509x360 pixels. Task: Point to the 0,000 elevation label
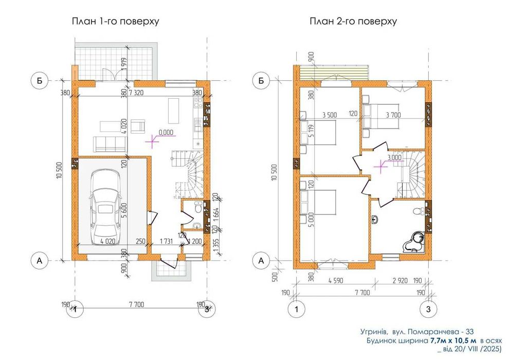point(167,132)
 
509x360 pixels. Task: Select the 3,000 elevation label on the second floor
point(395,157)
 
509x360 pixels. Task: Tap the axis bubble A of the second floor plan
point(262,261)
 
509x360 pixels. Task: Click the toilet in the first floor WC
point(197,209)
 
